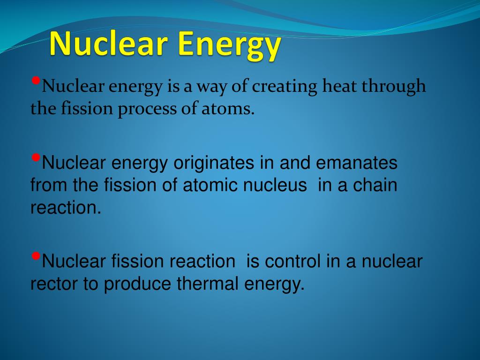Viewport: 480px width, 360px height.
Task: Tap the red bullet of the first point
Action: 36,81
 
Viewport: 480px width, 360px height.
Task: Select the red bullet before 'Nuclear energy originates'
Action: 36,157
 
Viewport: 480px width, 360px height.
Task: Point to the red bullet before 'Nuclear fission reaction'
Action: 36,256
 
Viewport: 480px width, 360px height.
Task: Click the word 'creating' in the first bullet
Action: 285,87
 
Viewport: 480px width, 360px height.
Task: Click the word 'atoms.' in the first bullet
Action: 228,109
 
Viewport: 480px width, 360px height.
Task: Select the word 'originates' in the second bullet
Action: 214,163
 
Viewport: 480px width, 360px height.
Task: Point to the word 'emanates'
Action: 357,163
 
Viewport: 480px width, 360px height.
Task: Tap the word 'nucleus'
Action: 275,185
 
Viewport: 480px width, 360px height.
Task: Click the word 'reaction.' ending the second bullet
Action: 66,208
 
